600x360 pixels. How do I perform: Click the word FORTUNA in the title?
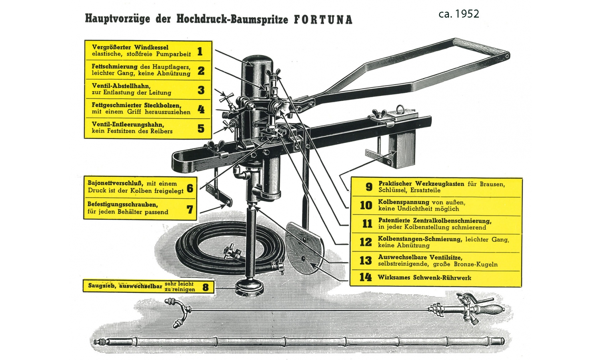tap(323, 20)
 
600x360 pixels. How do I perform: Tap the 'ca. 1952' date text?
tap(459, 14)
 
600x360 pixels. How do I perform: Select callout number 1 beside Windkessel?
tap(200, 51)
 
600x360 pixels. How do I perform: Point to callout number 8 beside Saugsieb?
tap(206, 287)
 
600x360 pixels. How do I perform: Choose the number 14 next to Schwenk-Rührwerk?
tap(366, 277)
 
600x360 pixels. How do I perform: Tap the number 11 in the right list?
tap(367, 223)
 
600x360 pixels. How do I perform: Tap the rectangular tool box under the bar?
tap(402, 150)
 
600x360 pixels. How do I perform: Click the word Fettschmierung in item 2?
tap(115, 66)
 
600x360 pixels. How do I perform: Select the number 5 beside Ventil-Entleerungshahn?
tap(201, 128)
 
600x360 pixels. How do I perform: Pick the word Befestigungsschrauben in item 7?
tap(123, 205)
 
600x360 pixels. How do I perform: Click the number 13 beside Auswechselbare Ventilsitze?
tap(366, 260)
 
